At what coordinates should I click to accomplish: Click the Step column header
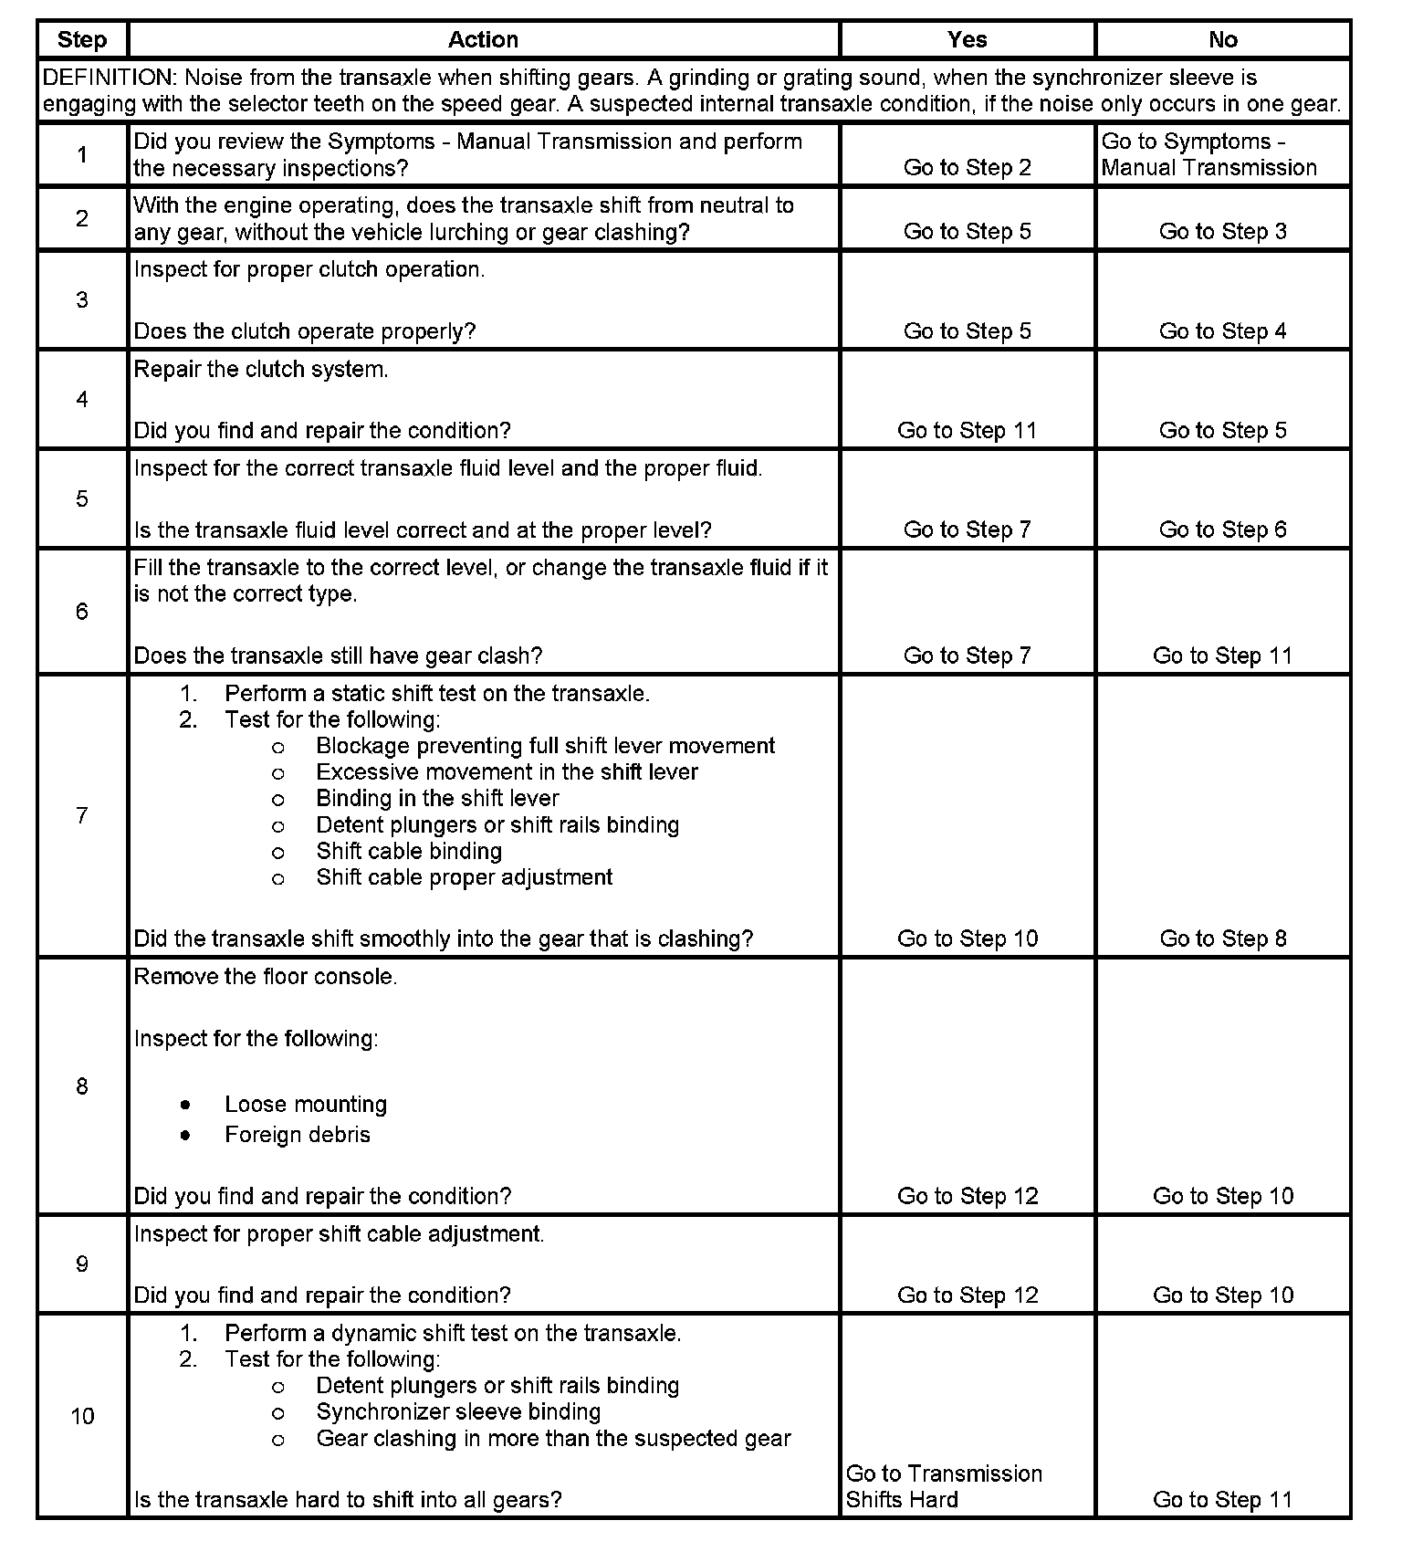(82, 40)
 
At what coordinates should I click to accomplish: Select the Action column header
(483, 40)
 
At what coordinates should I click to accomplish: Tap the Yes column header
(967, 40)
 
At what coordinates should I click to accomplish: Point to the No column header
(1222, 40)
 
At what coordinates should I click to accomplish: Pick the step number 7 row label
(82, 815)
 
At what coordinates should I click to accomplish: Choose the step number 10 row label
(82, 1416)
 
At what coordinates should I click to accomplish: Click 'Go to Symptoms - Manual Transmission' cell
(1208, 155)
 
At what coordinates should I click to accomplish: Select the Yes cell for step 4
(967, 431)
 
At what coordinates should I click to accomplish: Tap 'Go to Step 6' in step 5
(1222, 530)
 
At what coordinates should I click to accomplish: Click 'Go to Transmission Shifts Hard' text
(944, 1486)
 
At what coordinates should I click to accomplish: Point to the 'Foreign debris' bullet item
(298, 1135)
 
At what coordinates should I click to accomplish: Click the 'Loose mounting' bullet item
(306, 1105)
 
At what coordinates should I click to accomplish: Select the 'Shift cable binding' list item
(409, 852)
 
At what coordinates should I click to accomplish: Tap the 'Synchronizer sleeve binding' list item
(458, 1412)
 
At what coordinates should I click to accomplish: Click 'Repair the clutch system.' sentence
(261, 370)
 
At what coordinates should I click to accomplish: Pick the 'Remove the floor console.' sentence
(266, 977)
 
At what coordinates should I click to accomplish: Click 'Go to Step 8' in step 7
(1222, 939)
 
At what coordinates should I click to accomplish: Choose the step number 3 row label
(82, 300)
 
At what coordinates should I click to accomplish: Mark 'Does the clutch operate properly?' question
(305, 331)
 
